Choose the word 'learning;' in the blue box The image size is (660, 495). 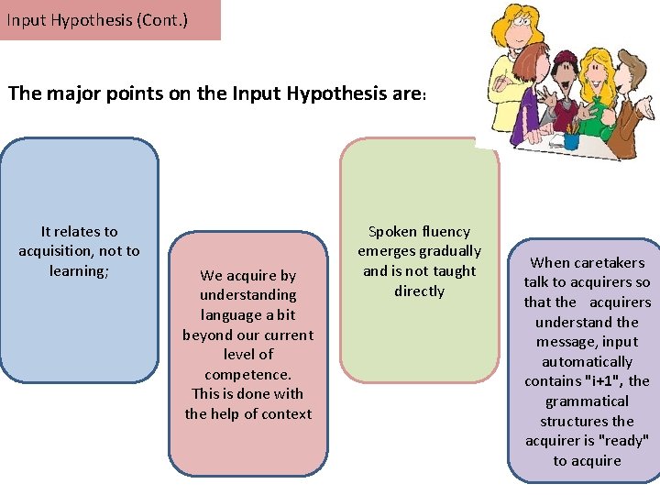(79, 270)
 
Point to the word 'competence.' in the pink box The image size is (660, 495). (247, 374)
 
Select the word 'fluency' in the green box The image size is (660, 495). (445, 232)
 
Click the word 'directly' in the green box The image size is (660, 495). (419, 291)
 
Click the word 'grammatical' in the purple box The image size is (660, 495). (587, 401)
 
